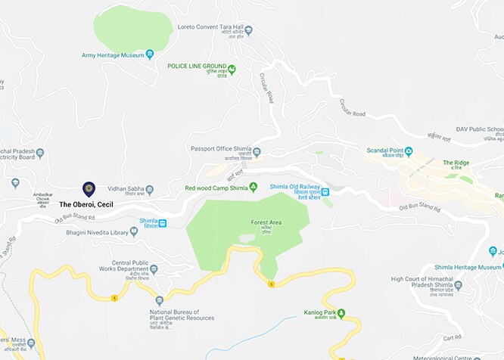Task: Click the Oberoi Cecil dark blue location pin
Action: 89,188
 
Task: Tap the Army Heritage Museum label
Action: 113,55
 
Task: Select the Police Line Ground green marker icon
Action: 232,70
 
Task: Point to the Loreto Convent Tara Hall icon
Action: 248,31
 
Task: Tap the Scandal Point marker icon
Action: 409,151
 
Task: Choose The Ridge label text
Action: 456,163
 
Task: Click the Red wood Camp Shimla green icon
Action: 254,187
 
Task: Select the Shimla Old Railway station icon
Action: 325,192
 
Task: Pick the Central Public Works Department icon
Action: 154,269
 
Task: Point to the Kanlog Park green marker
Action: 341,312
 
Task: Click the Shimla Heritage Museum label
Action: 468,268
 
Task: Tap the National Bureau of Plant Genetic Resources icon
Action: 159,300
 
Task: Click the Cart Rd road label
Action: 452,337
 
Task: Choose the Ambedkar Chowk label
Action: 43,197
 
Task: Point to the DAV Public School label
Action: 480,129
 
